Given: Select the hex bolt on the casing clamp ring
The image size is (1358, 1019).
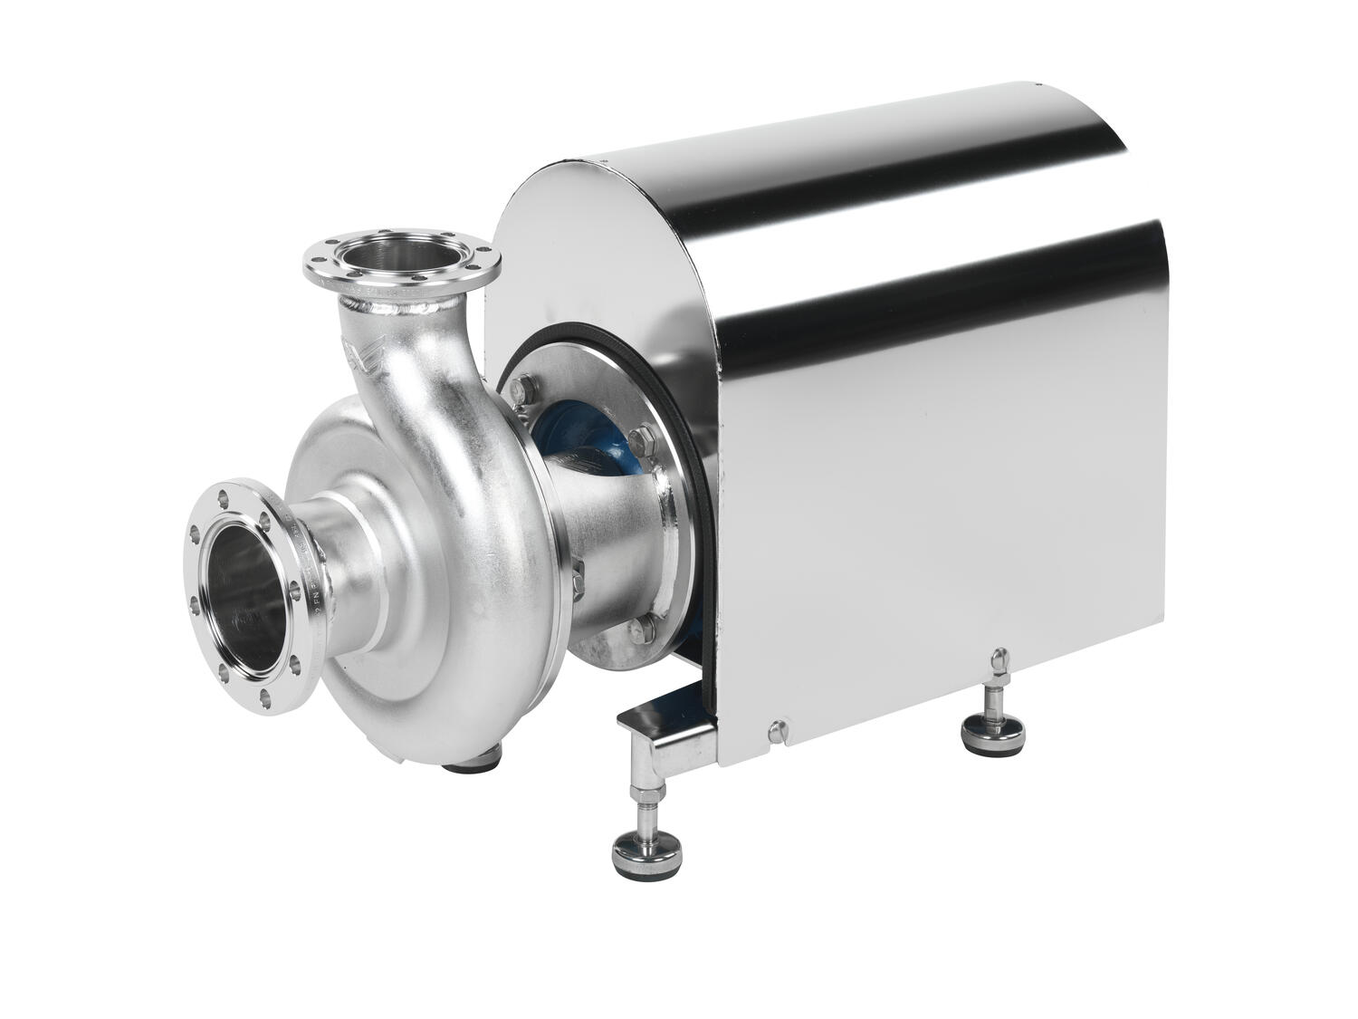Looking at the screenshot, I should point(578,569).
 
